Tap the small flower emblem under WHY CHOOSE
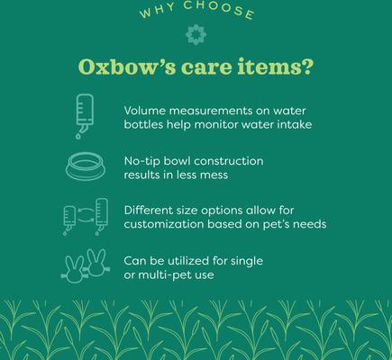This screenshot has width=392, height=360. point(189,35)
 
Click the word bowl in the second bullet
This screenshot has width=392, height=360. point(184,160)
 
